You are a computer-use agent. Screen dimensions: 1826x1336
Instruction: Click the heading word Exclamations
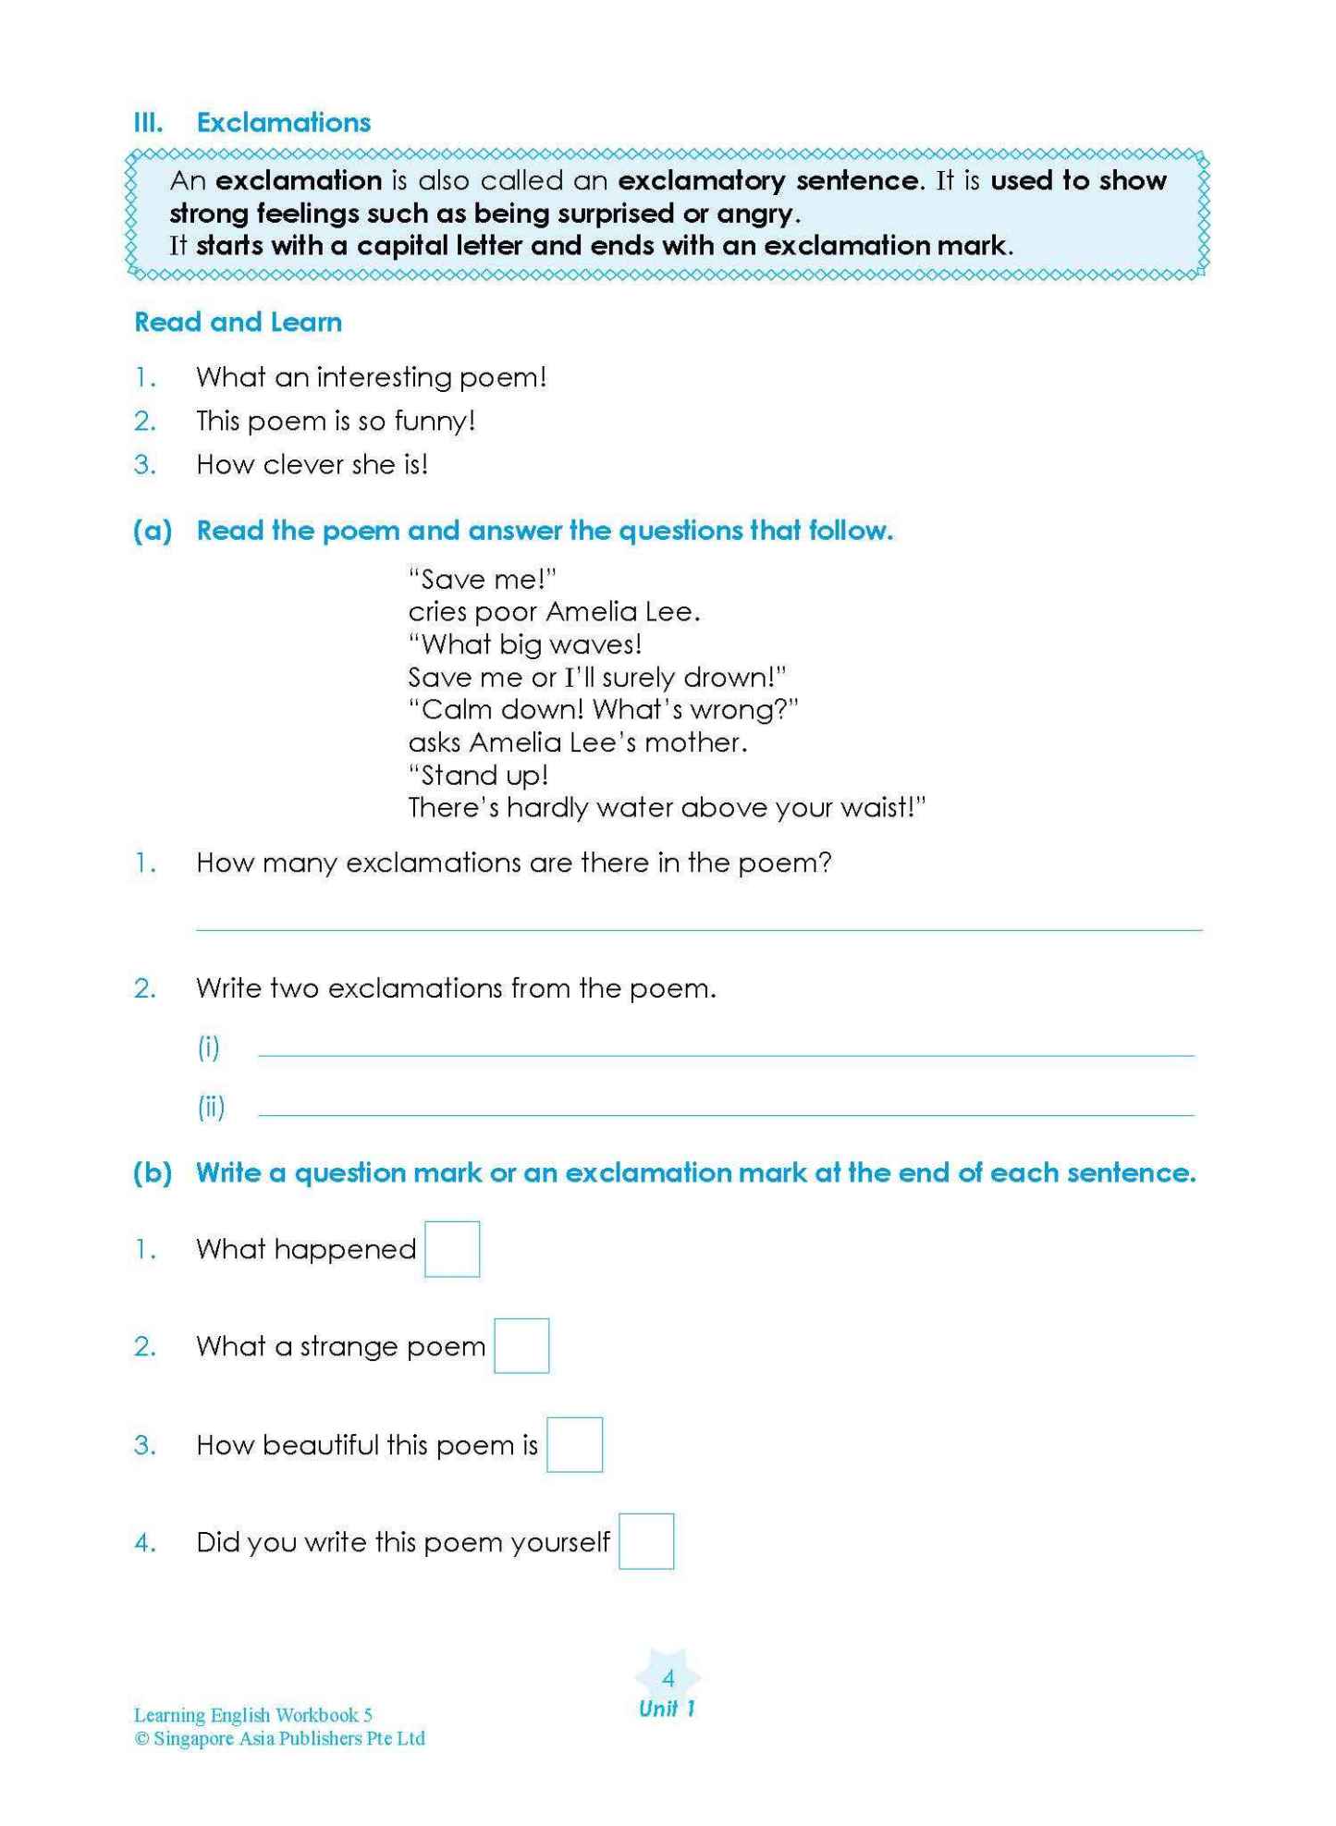pyautogui.click(x=283, y=123)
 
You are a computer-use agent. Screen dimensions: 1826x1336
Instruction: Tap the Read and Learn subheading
pyautogui.click(x=238, y=322)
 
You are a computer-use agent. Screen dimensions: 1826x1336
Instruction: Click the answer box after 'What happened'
pyautogui.click(x=452, y=1249)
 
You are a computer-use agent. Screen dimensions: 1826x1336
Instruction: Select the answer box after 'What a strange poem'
pyautogui.click(x=521, y=1346)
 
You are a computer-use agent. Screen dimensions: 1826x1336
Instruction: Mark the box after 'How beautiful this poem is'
pyautogui.click(x=574, y=1444)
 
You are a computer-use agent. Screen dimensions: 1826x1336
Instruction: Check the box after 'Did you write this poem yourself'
pyautogui.click(x=645, y=1541)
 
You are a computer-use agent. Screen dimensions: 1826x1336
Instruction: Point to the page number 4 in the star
pyautogui.click(x=668, y=1678)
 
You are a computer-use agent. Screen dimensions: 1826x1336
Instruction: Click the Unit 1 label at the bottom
pyautogui.click(x=667, y=1709)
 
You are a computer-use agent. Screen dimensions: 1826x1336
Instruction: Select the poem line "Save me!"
pyautogui.click(x=483, y=580)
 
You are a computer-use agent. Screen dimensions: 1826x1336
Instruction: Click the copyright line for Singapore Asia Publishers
pyautogui.click(x=280, y=1738)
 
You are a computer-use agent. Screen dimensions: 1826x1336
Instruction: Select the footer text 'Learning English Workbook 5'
pyautogui.click(x=252, y=1715)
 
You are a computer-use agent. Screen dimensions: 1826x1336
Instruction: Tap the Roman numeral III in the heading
pyautogui.click(x=149, y=123)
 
